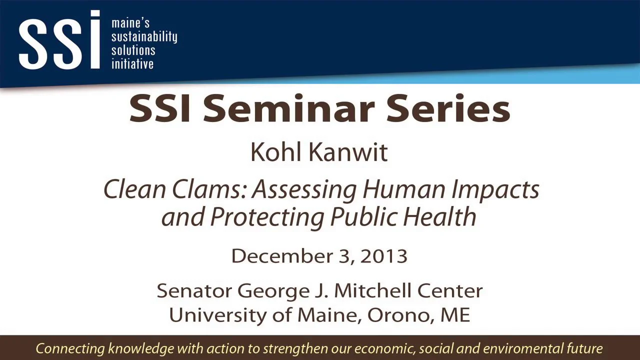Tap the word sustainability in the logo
click(x=144, y=37)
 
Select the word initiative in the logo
click(x=132, y=64)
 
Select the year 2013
click(x=383, y=256)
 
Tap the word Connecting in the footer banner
click(x=70, y=348)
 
